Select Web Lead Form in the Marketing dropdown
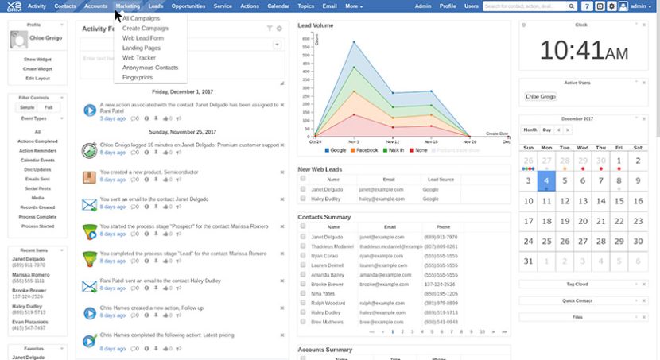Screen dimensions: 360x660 click(143, 38)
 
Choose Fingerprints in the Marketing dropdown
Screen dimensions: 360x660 click(138, 77)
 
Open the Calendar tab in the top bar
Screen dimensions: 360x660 click(278, 6)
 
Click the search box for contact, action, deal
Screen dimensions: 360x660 click(530, 6)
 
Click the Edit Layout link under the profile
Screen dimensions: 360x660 click(37, 78)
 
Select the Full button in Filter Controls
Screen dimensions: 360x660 click(48, 106)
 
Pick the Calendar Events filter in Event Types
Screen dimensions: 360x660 click(37, 160)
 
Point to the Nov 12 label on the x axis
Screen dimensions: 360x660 click(391, 141)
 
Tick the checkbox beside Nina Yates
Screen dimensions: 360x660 click(303, 294)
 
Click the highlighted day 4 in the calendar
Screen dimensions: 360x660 click(546, 180)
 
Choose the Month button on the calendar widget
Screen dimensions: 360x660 click(530, 130)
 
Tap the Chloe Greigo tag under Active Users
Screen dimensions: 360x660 click(540, 96)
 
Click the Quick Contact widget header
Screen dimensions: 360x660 click(578, 300)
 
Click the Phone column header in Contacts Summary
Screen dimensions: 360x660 click(443, 227)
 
